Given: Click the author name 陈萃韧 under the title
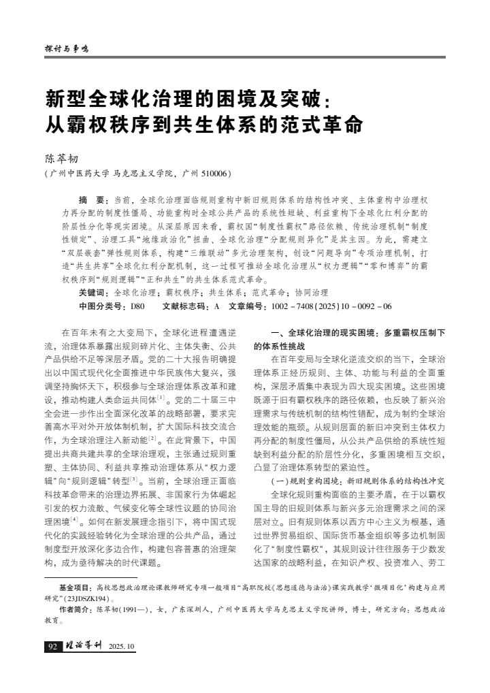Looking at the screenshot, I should pos(62,158).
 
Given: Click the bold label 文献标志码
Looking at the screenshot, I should pos(186,306).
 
